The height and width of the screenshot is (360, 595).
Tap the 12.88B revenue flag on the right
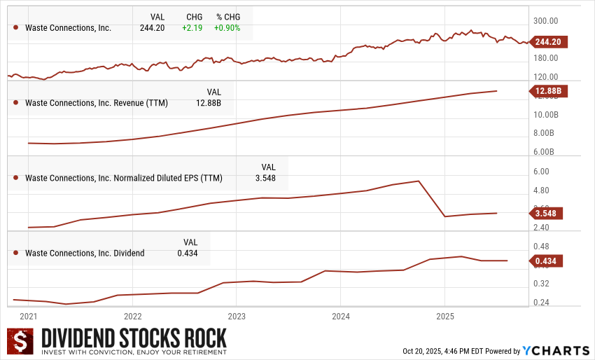point(549,91)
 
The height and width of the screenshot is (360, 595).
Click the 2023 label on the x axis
point(237,317)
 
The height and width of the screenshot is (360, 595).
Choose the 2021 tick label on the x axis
point(28,317)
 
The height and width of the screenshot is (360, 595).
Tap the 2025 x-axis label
point(445,317)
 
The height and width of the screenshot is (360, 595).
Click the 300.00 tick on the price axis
point(546,21)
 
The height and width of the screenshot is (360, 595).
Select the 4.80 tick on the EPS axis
point(542,191)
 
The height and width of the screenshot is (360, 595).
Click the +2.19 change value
point(192,28)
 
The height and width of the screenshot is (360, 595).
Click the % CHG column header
point(228,16)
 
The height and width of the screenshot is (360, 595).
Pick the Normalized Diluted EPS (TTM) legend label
point(123,178)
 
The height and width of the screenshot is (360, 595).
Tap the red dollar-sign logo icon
point(21,340)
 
